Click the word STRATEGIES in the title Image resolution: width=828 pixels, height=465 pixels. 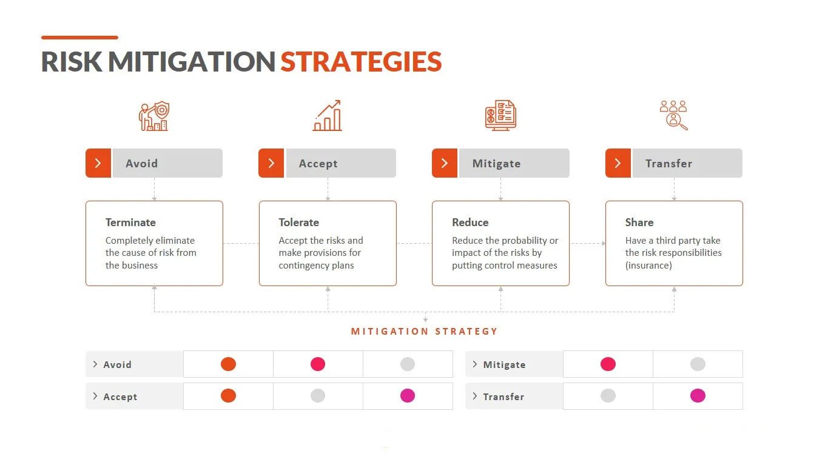point(361,61)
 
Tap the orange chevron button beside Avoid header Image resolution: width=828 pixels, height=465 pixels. point(98,163)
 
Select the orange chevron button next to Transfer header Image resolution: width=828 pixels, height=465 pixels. point(618,163)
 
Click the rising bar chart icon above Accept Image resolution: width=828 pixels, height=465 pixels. point(327,115)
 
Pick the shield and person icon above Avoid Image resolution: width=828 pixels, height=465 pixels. point(154,116)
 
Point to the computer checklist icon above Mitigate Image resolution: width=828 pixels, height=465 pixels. point(500,115)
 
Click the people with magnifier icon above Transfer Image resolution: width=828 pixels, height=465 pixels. point(673,115)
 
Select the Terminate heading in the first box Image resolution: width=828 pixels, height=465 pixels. point(130,222)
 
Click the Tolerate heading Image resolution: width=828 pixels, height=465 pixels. point(298,222)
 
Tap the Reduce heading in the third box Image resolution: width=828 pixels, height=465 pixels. point(470,222)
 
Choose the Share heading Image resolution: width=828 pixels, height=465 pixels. point(639,222)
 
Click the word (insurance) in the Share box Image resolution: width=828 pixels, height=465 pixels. point(648,266)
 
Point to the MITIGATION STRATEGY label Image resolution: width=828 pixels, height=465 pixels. point(425,331)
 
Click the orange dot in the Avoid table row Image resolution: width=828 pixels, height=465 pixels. point(229,364)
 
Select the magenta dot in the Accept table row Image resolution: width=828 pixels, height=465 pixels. point(408,396)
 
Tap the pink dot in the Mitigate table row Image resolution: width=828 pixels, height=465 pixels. point(608,364)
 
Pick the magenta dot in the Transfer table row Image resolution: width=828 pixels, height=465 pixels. point(698,396)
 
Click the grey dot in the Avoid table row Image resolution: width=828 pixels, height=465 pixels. point(408,364)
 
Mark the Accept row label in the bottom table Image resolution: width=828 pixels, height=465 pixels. point(120,396)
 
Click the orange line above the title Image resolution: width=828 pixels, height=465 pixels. point(79,38)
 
